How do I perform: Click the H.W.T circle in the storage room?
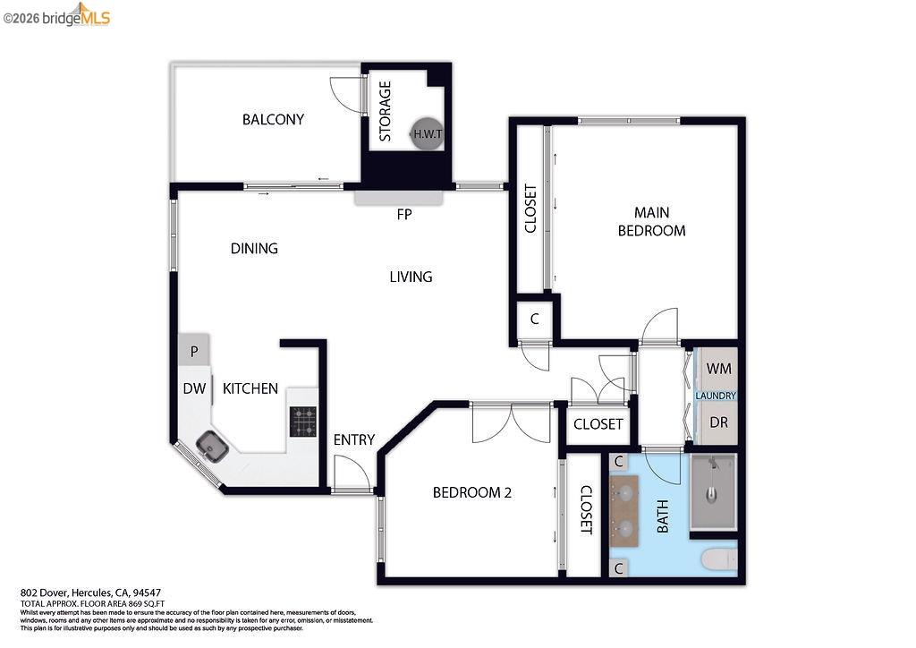(x=426, y=134)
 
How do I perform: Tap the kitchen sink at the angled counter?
(x=212, y=444)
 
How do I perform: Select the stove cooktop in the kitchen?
(x=302, y=422)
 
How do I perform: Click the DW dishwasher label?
(x=194, y=388)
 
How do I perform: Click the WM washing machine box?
(x=717, y=368)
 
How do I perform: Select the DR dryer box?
(x=717, y=422)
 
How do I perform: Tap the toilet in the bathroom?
(x=719, y=559)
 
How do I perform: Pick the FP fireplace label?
(x=404, y=215)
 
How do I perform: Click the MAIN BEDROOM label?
(x=652, y=221)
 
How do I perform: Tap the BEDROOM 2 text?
(x=471, y=492)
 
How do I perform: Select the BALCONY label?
(x=273, y=119)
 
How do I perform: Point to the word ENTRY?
(x=353, y=439)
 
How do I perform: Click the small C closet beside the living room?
(x=534, y=319)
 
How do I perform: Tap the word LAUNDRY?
(x=717, y=396)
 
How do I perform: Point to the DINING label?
(x=254, y=248)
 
